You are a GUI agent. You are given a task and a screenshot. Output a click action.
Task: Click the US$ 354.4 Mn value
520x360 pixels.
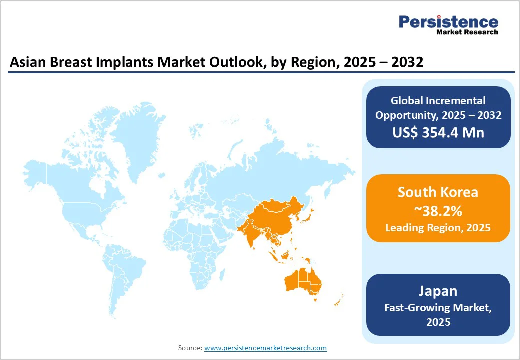(x=438, y=132)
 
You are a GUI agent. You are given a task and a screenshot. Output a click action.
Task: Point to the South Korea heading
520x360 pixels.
(x=438, y=192)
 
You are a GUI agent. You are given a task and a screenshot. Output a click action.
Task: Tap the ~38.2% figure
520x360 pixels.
(x=438, y=211)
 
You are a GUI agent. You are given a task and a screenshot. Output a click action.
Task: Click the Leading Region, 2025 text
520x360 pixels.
(x=438, y=228)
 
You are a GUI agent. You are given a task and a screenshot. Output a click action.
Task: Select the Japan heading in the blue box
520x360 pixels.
(x=438, y=291)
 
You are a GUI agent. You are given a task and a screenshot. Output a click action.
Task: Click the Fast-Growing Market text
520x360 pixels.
(x=438, y=308)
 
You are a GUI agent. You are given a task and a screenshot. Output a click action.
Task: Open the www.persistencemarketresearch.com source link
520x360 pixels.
(x=265, y=348)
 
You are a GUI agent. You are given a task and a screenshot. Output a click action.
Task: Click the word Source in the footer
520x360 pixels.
(x=190, y=348)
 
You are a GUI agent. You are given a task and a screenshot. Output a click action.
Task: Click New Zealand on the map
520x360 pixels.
(x=338, y=300)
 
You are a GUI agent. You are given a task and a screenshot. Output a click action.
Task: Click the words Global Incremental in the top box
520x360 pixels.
(x=438, y=101)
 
